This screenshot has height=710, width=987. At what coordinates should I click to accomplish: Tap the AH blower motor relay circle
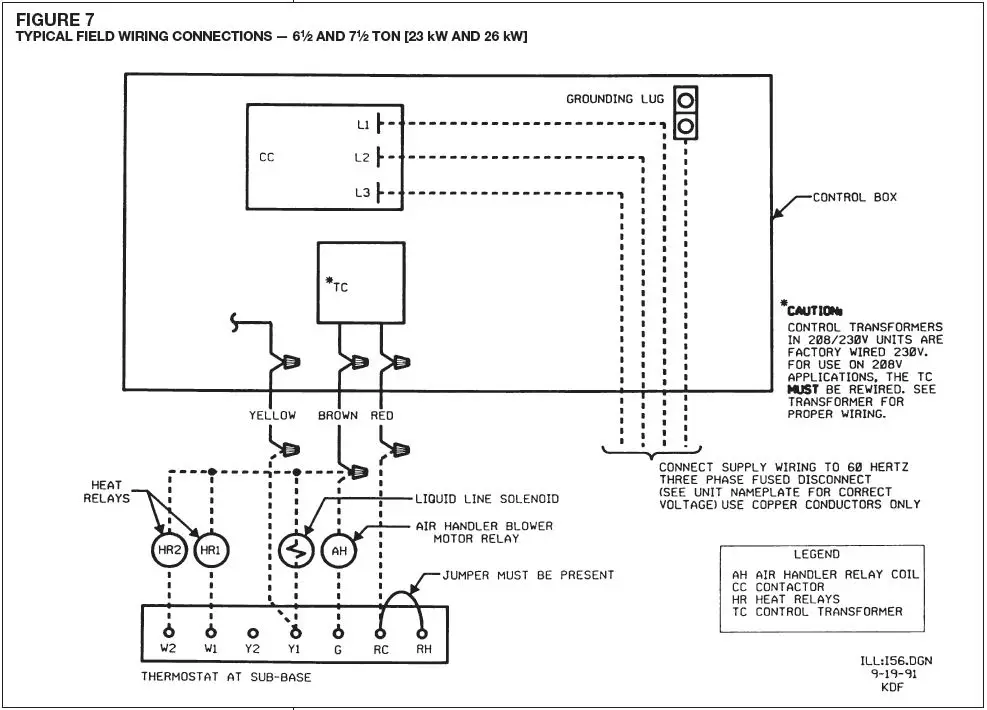click(338, 552)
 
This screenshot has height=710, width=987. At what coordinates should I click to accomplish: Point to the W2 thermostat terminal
click(170, 633)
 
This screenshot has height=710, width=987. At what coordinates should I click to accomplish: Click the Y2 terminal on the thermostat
click(253, 633)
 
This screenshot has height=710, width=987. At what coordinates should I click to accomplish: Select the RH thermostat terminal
click(423, 633)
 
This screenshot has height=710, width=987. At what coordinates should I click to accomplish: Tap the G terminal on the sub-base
click(338, 633)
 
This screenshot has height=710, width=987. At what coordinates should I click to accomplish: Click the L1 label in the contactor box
click(363, 125)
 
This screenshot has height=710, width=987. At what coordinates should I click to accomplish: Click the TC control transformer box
click(359, 282)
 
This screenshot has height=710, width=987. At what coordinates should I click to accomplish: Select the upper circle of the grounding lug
click(685, 101)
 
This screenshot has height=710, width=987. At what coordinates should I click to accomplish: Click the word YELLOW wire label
click(273, 415)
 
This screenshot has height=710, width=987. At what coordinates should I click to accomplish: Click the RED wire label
click(382, 415)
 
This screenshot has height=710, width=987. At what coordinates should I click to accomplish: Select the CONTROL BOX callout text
click(854, 198)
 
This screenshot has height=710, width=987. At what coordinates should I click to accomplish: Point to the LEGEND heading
click(817, 554)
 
